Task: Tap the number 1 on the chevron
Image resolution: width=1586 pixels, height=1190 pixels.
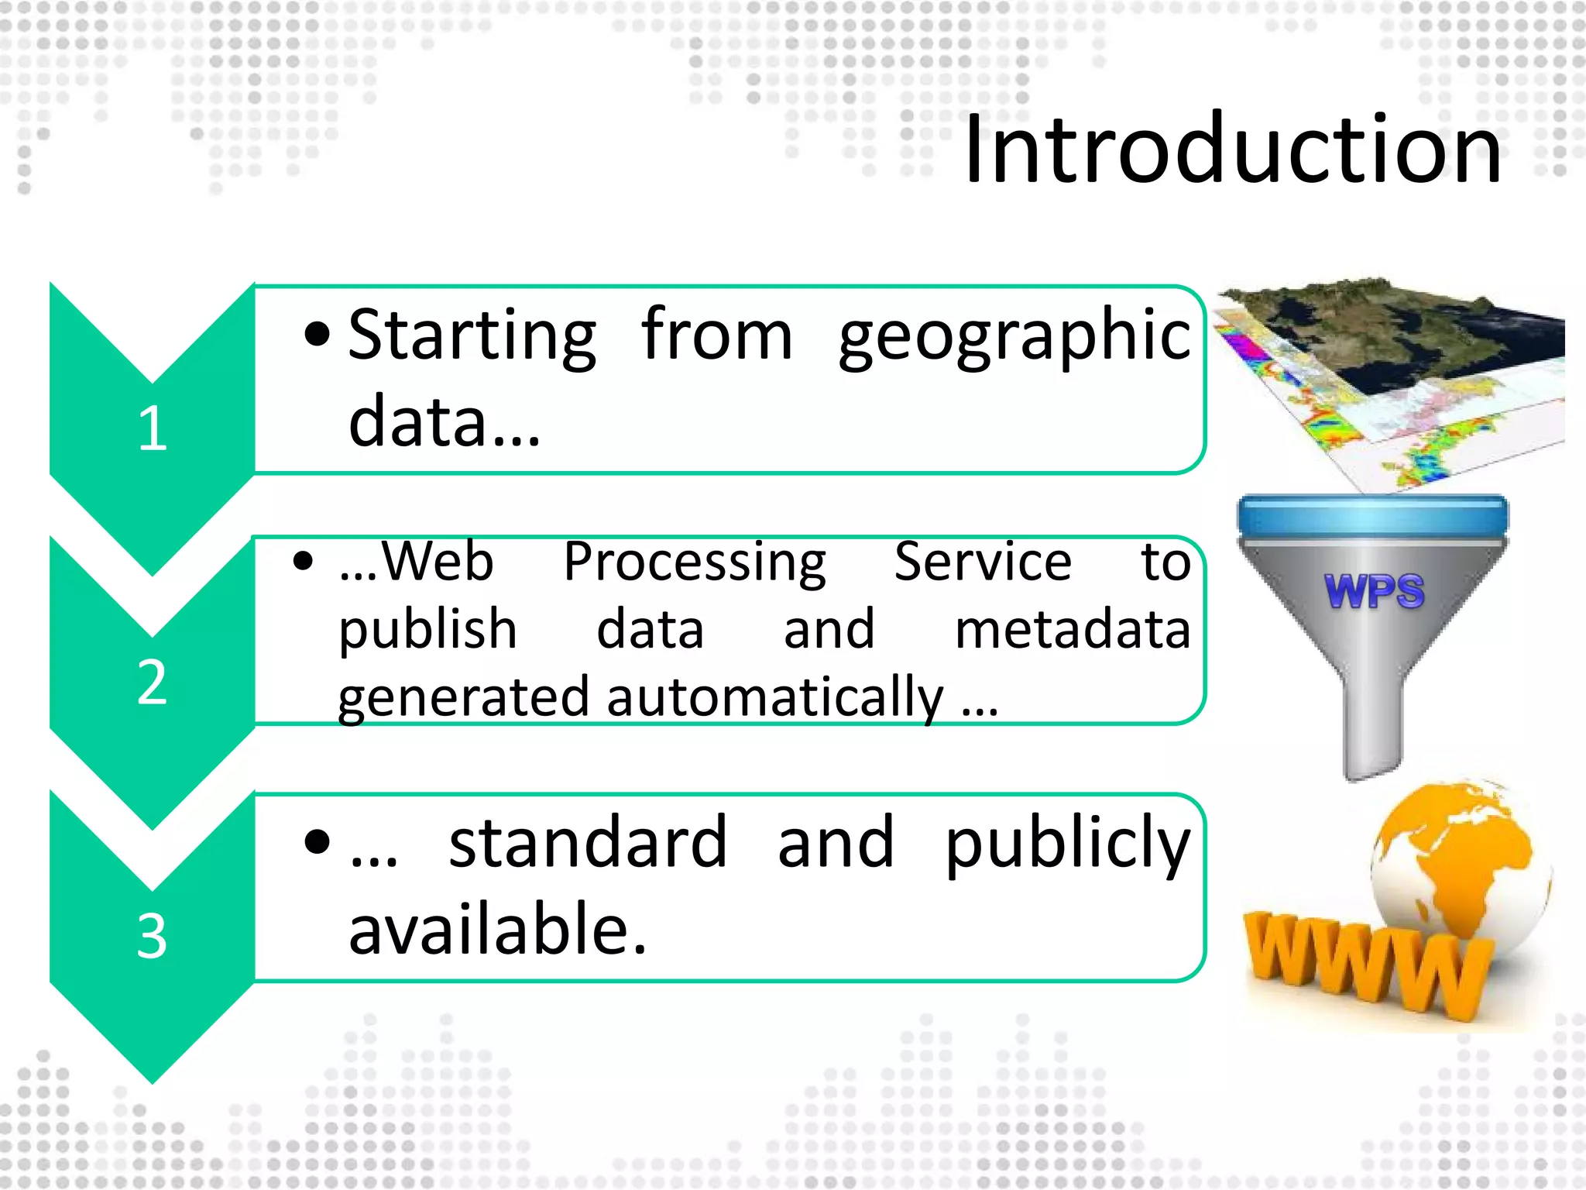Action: click(x=153, y=428)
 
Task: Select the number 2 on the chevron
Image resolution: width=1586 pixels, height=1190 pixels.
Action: click(x=152, y=683)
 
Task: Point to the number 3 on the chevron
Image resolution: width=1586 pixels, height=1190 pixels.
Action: click(x=152, y=936)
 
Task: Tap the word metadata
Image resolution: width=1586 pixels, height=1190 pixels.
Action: click(x=1072, y=629)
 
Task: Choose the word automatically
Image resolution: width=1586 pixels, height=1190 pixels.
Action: click(x=774, y=697)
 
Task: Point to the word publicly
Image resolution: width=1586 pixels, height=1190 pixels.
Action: click(x=1067, y=844)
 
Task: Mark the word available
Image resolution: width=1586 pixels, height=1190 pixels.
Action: click(x=496, y=930)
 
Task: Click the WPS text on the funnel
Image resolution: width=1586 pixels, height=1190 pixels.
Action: click(x=1374, y=592)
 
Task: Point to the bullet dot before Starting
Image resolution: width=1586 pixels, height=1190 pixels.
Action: click(x=318, y=335)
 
